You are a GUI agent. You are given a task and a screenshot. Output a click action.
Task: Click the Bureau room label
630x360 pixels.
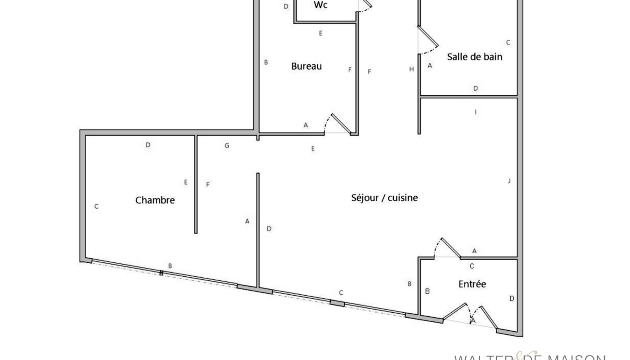306,66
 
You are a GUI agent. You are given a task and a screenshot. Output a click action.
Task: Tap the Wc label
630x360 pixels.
320,5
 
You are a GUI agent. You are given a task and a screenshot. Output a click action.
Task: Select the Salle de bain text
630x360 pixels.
474,57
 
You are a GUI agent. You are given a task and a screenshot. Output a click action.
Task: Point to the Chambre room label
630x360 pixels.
155,200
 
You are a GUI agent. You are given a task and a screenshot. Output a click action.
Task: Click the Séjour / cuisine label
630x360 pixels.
384,198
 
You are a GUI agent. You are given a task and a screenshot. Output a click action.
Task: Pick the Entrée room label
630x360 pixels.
472,284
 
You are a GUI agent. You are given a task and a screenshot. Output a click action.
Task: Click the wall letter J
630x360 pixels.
509,181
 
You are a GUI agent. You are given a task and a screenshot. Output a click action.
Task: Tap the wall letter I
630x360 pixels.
476,112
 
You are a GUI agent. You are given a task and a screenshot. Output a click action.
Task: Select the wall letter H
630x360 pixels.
411,69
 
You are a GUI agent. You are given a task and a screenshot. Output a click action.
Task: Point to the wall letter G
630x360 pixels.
227,145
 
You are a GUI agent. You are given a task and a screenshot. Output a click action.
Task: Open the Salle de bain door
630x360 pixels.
427,40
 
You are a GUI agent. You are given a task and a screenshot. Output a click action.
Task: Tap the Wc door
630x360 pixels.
365,5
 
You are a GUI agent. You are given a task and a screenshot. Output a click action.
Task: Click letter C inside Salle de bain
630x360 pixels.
508,43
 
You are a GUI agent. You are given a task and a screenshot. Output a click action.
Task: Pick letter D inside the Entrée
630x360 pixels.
512,298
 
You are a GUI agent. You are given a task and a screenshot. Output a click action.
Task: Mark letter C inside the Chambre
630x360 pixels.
96,207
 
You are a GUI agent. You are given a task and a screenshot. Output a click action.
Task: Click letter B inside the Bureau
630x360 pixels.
266,62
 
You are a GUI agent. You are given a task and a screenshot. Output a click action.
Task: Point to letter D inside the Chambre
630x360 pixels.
148,145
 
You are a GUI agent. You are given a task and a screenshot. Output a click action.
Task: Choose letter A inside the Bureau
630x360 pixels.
306,125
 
